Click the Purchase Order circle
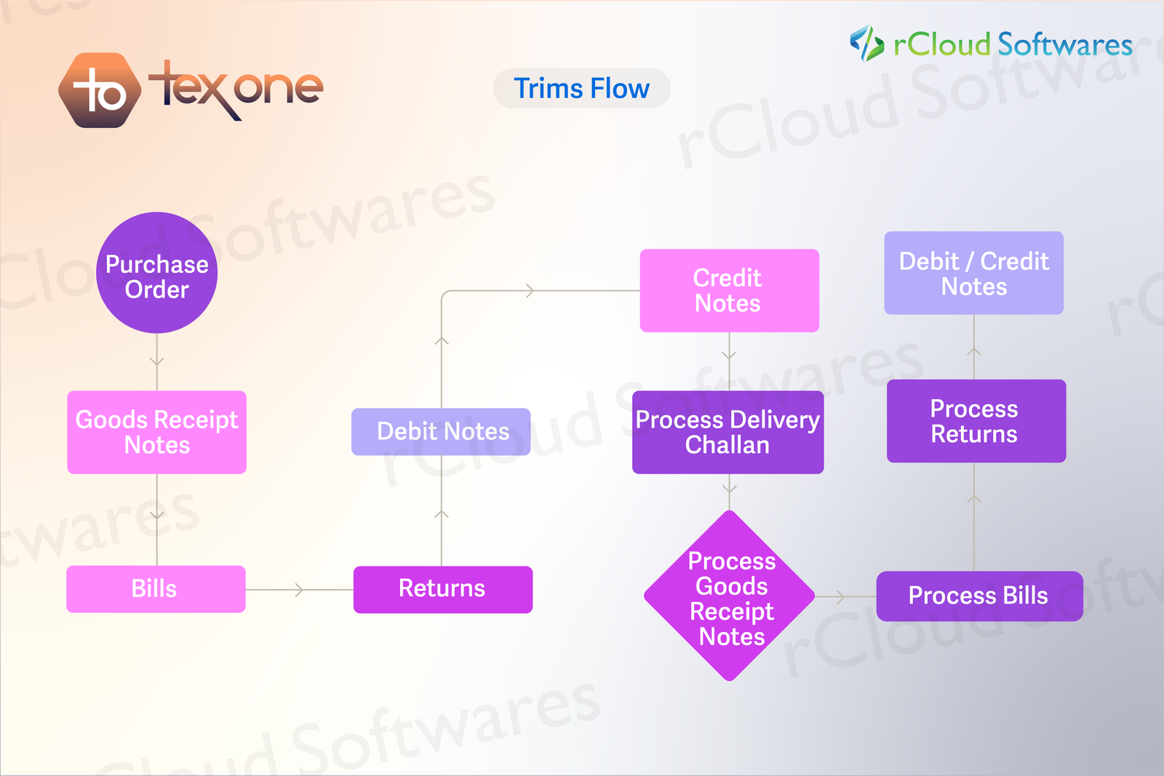click(157, 273)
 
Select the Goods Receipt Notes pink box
click(157, 432)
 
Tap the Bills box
click(156, 589)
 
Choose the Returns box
click(443, 589)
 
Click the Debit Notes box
click(441, 432)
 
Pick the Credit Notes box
click(729, 291)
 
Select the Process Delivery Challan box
click(727, 432)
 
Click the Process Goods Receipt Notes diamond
click(730, 596)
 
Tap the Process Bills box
click(979, 596)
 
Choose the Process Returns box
click(976, 421)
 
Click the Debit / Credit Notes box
click(973, 273)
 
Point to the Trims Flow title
click(581, 89)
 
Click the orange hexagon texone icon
click(100, 91)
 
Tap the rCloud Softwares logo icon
click(866, 44)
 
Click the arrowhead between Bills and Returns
click(299, 590)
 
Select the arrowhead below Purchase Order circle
click(157, 361)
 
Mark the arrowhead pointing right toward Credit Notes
click(530, 291)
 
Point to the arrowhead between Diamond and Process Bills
click(841, 597)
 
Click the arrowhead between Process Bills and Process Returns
click(974, 499)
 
